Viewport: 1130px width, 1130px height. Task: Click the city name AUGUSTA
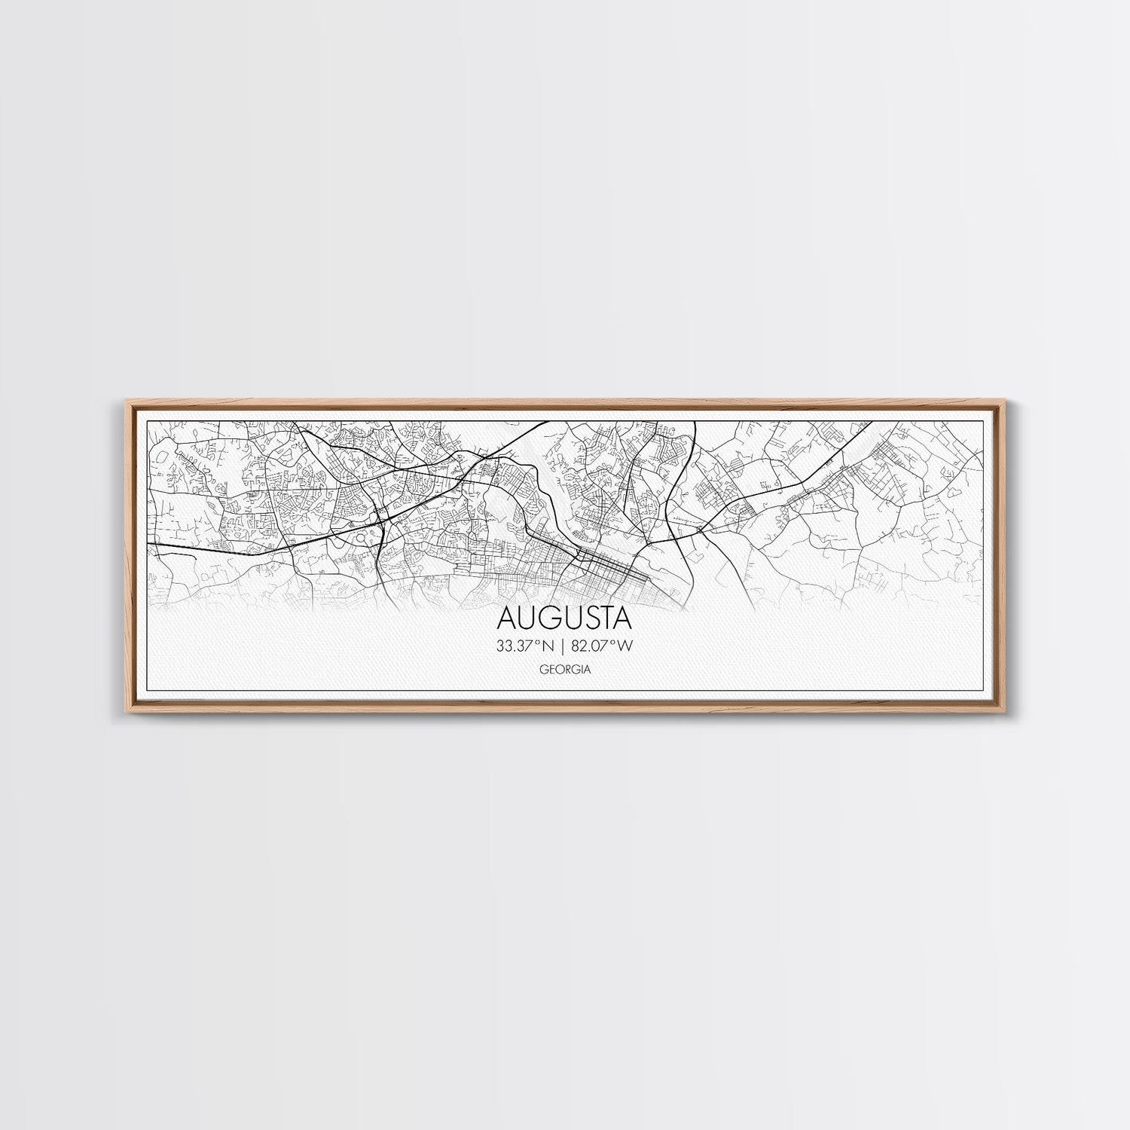pos(564,618)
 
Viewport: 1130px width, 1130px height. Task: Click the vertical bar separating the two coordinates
pos(563,645)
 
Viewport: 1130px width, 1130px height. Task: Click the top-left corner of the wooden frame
pos(123,402)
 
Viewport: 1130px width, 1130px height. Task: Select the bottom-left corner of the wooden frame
pos(123,711)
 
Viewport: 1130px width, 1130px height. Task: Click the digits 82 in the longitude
pos(580,645)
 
